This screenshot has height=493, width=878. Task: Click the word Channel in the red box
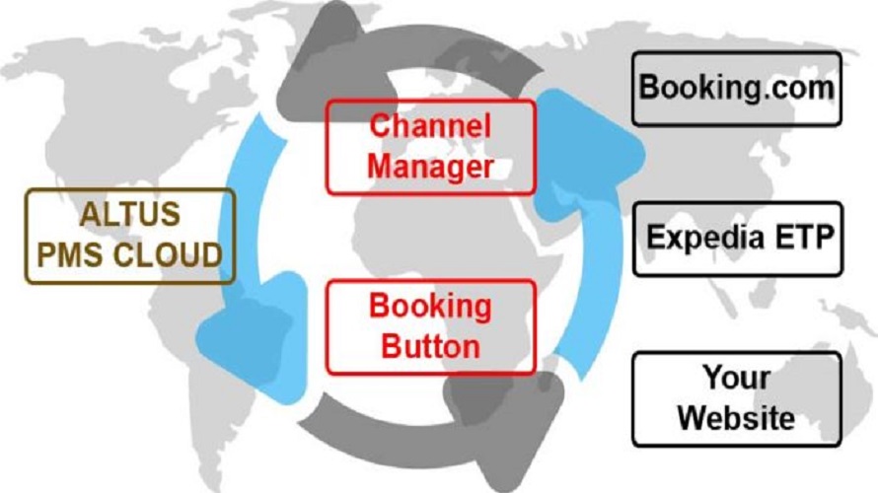click(429, 126)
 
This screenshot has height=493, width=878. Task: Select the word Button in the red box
click(429, 345)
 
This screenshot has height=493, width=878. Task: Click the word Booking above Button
click(429, 307)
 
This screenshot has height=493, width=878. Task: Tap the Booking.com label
click(736, 87)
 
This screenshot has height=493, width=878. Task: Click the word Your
click(736, 377)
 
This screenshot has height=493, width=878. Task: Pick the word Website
click(736, 416)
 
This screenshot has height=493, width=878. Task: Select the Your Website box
click(736, 396)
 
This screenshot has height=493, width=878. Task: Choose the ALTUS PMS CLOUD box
click(129, 235)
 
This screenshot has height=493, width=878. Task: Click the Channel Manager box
click(429, 145)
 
